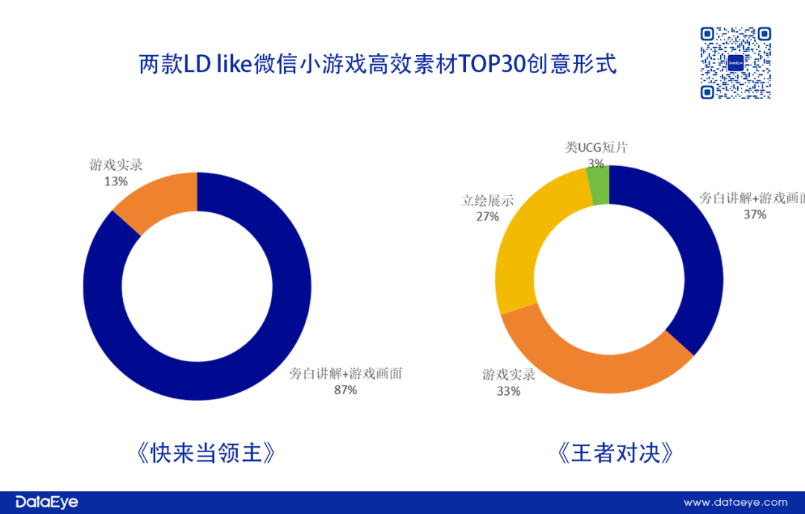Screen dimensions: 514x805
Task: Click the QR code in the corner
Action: [735, 63]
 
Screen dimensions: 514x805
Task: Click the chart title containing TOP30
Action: [378, 63]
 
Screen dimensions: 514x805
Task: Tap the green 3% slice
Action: [599, 184]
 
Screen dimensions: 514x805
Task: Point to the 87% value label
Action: [346, 390]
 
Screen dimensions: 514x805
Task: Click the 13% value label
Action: [116, 181]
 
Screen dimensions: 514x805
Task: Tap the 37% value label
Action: [754, 215]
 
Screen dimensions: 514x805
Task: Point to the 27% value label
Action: [487, 217]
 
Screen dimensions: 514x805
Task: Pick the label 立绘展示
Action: [487, 201]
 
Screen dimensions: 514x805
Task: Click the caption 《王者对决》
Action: [610, 453]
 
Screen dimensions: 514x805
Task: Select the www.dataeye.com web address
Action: [736, 503]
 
